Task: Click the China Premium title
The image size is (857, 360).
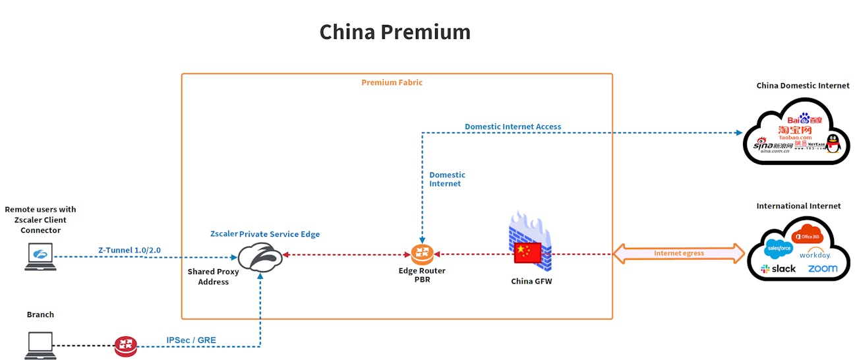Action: [395, 32]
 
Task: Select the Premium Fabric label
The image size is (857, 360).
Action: [392, 82]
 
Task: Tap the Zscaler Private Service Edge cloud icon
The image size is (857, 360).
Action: [260, 257]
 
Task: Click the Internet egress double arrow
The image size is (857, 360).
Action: [679, 253]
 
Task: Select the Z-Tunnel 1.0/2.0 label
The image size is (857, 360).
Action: [129, 250]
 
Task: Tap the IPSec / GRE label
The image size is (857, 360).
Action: [191, 340]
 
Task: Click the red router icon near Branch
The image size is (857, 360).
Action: [125, 345]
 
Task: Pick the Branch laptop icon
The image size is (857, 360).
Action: [40, 344]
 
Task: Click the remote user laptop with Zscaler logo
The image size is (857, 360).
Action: [40, 256]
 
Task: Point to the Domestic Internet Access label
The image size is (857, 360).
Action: [513, 127]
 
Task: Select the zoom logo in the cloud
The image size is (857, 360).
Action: [822, 268]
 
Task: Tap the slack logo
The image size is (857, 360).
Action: [778, 269]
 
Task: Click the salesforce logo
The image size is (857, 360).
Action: [777, 249]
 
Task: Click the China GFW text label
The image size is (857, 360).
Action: [531, 282]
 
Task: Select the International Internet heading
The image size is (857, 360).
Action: [798, 206]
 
